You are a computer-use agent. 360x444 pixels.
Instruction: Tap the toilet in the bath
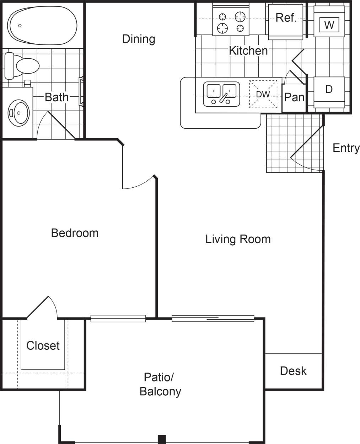(x=23, y=66)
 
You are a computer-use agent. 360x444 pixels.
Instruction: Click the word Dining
(x=139, y=39)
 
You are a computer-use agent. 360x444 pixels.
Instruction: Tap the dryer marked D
(x=329, y=91)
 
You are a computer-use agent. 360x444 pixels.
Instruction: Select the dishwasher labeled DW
(x=263, y=94)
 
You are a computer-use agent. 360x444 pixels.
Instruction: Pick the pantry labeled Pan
(x=294, y=97)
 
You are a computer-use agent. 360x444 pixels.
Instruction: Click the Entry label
(x=346, y=148)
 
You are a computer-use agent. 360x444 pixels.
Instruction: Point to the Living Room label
(x=238, y=239)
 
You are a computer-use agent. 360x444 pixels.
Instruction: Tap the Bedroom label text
(x=75, y=233)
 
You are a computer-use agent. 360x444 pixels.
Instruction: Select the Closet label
(x=43, y=345)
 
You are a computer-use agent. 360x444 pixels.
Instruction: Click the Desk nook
(x=293, y=371)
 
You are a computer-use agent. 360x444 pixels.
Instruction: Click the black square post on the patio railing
(x=162, y=439)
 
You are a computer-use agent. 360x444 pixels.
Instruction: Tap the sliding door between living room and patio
(x=213, y=319)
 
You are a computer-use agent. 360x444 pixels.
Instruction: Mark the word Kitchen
(x=248, y=50)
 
